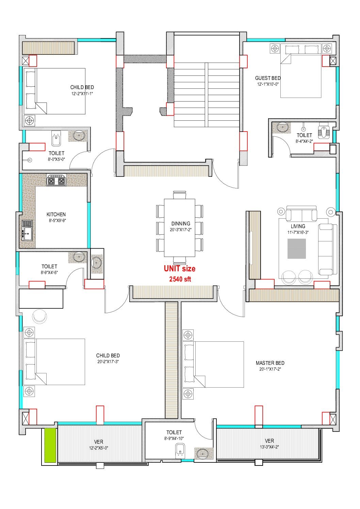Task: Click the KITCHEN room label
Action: [56, 214]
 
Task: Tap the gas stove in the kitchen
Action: [56, 180]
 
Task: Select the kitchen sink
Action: [27, 230]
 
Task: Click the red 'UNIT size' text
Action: [180, 269]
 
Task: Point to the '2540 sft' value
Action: [180, 279]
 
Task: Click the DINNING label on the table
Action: [181, 224]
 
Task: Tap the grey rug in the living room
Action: [297, 249]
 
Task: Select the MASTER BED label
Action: [270, 363]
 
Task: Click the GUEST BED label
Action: [268, 78]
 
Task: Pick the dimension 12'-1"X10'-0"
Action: [268, 84]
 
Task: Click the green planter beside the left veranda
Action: [50, 445]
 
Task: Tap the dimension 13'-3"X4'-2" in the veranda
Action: [269, 447]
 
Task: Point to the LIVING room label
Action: [298, 226]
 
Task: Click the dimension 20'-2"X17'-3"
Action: [108, 361]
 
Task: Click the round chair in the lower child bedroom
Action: [39, 316]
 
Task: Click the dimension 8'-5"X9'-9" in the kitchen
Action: [57, 220]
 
